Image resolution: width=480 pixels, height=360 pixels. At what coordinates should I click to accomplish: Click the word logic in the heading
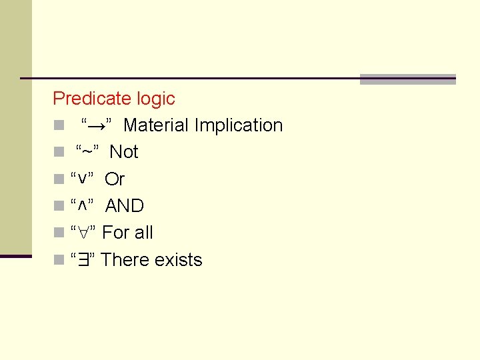click(x=155, y=99)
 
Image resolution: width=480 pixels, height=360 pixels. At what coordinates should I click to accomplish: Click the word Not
click(x=124, y=152)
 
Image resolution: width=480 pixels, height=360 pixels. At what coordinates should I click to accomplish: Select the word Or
click(x=115, y=179)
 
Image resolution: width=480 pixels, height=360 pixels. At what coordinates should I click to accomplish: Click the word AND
click(x=125, y=206)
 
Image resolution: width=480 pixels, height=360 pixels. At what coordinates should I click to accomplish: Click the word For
click(x=116, y=233)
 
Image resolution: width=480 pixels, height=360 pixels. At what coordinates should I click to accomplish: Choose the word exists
click(x=178, y=260)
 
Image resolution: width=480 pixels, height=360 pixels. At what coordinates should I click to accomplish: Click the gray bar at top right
click(x=407, y=79)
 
